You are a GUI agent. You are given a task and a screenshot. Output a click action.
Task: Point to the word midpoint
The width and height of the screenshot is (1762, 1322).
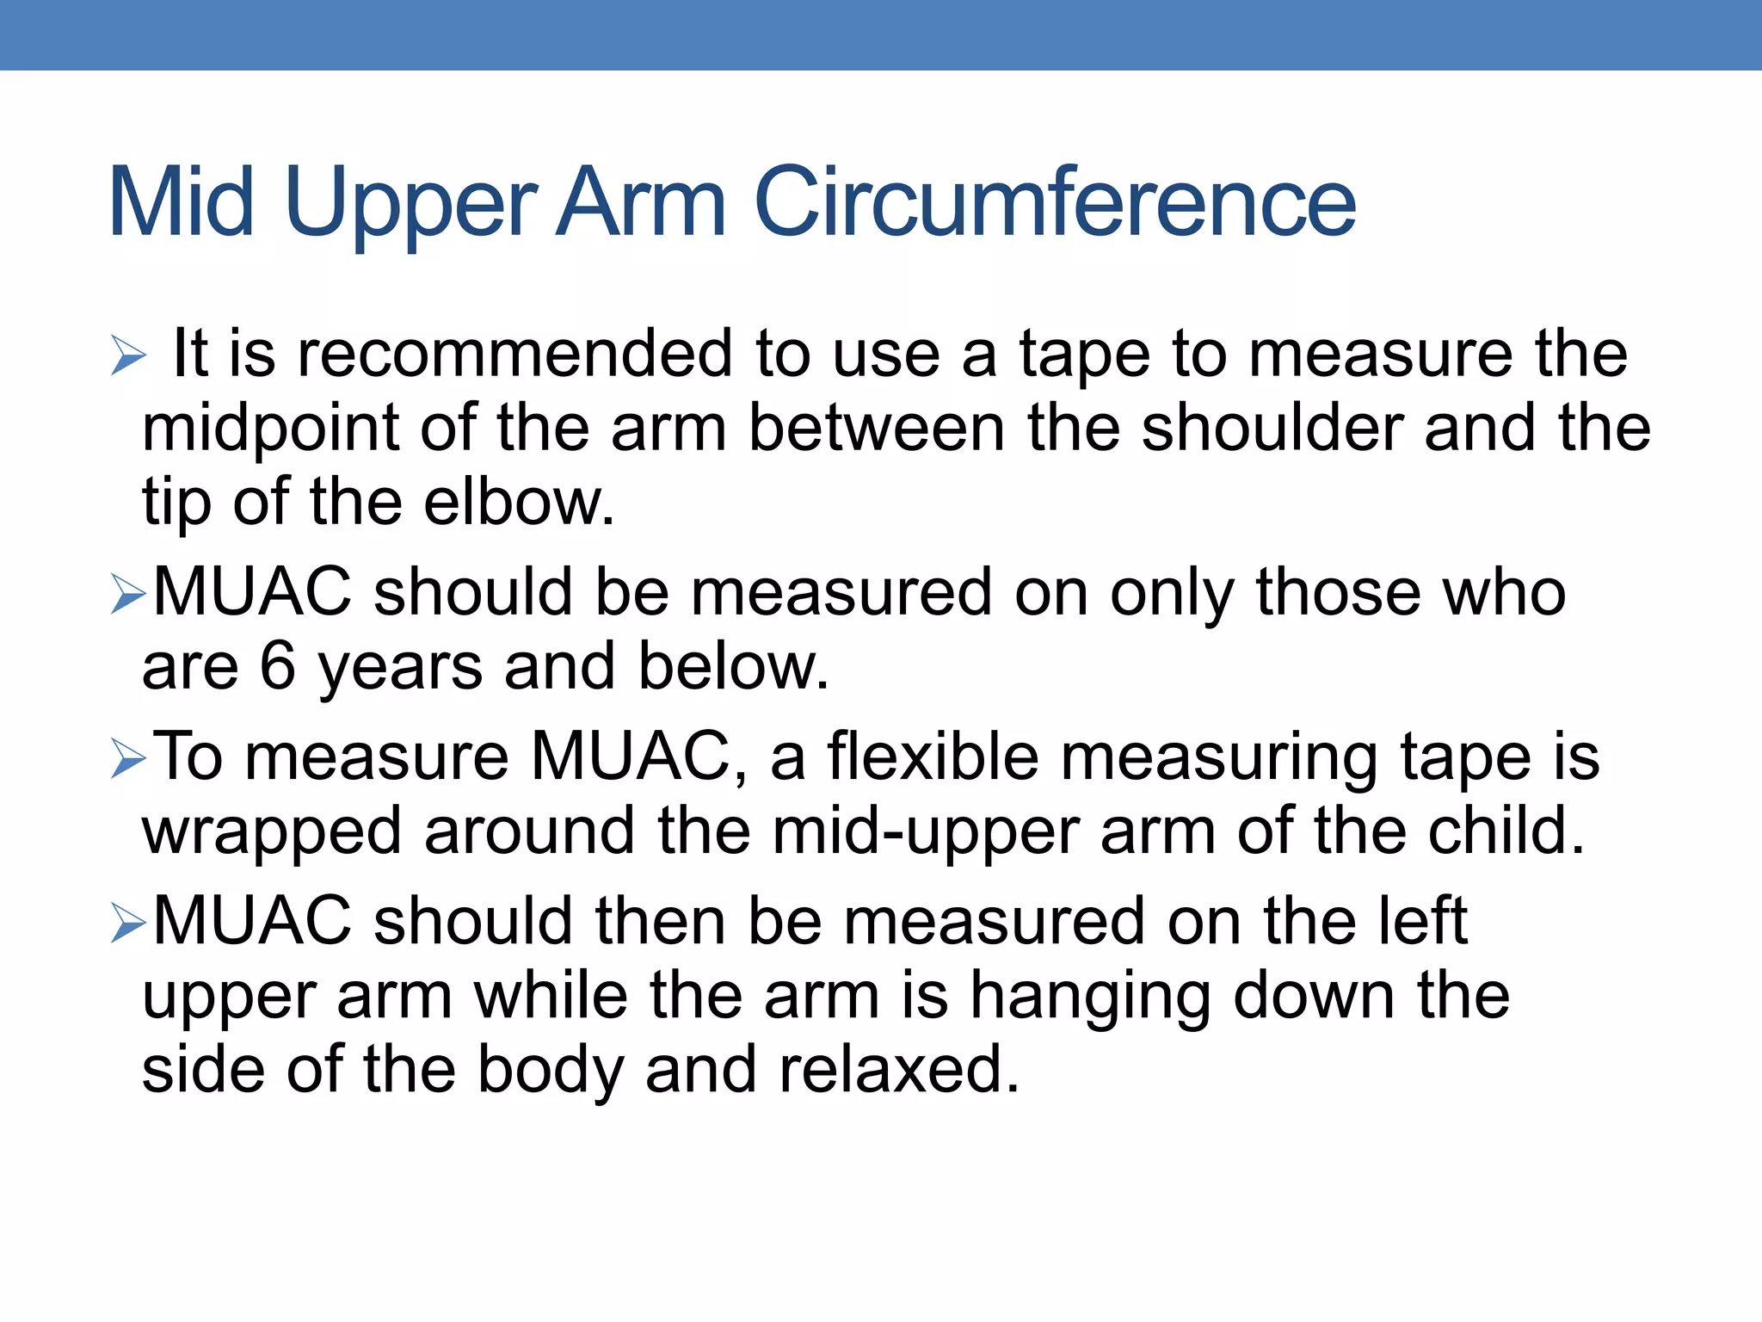point(269,429)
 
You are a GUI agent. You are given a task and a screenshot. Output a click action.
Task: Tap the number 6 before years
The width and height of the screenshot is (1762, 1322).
point(277,666)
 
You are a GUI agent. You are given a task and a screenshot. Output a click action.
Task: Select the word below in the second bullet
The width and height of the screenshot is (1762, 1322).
point(733,666)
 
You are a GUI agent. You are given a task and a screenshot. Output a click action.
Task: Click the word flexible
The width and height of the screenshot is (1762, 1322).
point(933,757)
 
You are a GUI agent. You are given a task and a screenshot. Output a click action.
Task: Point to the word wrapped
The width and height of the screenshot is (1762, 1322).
point(272,833)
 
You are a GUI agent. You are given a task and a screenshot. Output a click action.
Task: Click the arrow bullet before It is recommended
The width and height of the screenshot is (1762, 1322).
point(128,355)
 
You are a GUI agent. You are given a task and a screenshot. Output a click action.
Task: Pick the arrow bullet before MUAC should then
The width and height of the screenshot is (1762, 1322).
point(128,924)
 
